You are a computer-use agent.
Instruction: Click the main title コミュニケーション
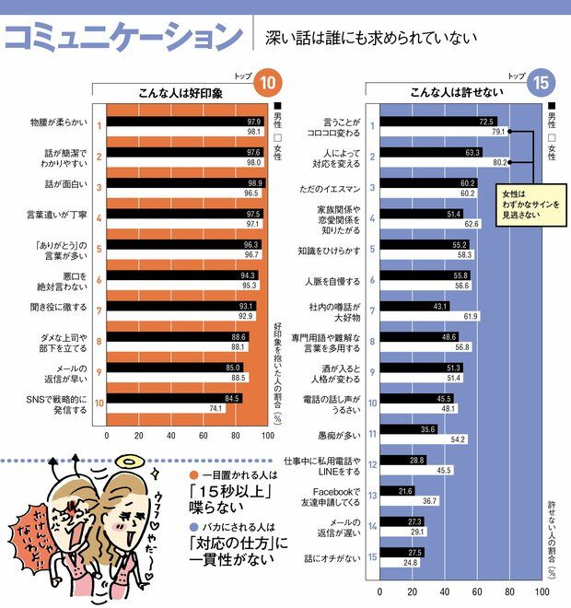pos(123,37)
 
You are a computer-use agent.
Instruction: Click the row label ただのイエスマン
pos(332,189)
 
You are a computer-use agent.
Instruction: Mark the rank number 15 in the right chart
pos(371,556)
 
